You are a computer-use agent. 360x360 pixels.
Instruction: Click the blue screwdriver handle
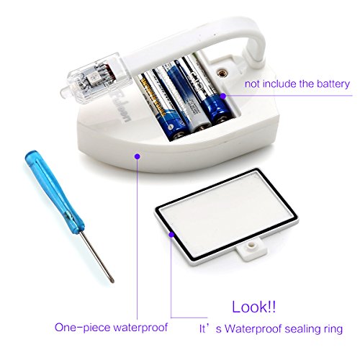[55, 192]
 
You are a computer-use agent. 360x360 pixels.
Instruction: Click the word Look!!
[253, 307]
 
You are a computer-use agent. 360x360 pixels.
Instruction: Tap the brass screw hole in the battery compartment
[220, 72]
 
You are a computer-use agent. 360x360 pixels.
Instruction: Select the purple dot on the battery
[223, 96]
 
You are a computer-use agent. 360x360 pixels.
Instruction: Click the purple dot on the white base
[138, 156]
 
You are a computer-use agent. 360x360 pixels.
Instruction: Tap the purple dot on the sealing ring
[171, 235]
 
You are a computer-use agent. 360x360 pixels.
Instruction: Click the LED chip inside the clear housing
[92, 78]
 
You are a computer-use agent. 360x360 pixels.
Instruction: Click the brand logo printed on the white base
[122, 107]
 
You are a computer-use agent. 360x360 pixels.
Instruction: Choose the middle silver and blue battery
[182, 96]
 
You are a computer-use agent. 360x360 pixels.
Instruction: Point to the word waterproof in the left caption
[140, 328]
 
